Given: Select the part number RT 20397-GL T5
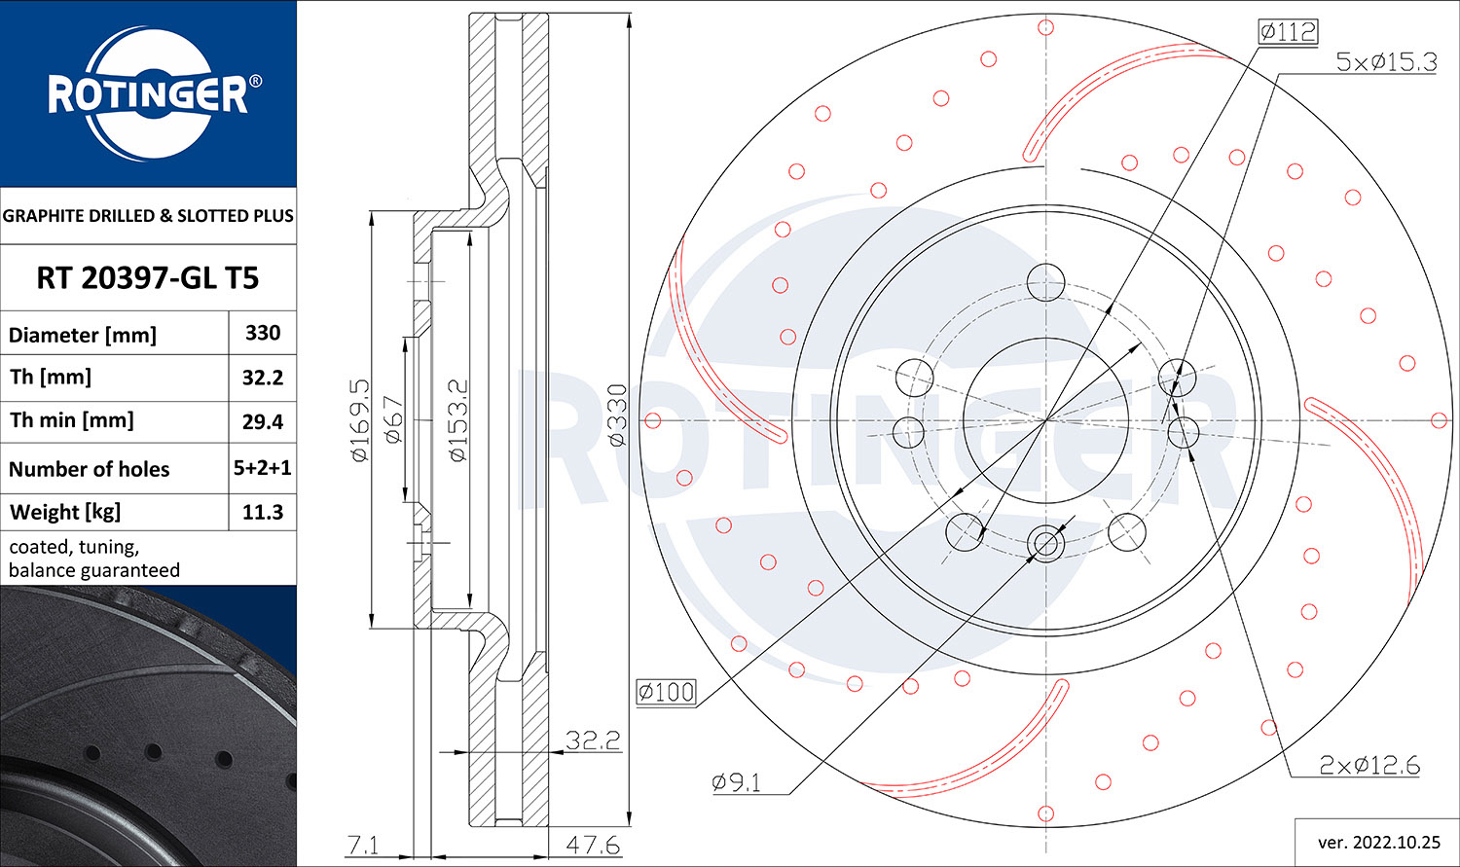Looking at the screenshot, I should (148, 278).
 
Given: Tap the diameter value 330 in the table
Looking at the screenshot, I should (263, 333).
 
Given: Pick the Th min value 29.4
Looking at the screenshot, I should (263, 421).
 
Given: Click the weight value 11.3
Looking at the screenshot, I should (263, 512).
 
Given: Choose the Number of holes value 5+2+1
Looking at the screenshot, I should (263, 468).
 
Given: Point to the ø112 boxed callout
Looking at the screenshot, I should (1287, 32).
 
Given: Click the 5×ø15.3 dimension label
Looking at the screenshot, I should (1385, 62).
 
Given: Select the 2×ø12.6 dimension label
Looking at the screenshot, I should (1369, 766).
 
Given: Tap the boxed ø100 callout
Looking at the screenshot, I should (667, 692).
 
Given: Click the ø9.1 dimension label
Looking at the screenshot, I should (737, 782).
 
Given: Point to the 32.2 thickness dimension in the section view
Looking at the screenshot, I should (593, 741).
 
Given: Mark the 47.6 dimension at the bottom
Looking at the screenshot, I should (592, 845).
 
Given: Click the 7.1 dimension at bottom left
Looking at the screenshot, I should (362, 845).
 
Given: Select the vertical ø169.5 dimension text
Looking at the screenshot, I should (360, 420).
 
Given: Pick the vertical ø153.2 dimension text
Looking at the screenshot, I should (458, 420).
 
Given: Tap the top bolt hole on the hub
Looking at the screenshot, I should (1046, 280).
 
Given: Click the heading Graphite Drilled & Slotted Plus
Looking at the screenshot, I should (148, 216).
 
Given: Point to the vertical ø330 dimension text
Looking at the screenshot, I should (617, 415).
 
